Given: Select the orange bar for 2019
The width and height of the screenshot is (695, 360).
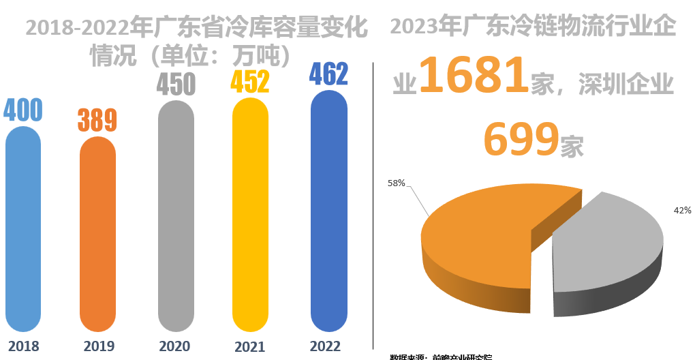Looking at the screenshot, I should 98,235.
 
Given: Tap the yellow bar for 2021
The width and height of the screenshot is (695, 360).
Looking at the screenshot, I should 251,215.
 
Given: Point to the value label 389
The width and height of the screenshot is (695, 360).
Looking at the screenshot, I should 97,120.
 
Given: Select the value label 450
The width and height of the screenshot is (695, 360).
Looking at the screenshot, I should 176,84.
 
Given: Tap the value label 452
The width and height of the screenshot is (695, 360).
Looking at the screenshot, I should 250,81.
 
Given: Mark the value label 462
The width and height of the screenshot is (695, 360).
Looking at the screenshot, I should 328,73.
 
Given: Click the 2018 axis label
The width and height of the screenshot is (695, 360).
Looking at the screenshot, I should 24,346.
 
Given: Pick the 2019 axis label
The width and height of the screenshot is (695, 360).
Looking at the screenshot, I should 99,346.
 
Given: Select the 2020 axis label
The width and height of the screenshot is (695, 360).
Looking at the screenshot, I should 174,346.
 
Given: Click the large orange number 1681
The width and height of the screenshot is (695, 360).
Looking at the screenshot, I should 473,76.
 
